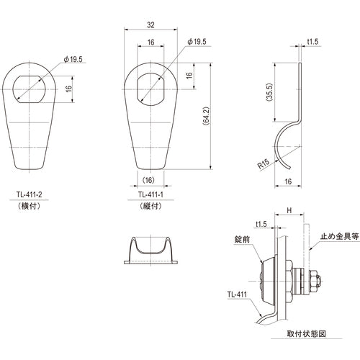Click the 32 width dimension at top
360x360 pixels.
coord(150,24)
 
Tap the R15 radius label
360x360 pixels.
coord(264,165)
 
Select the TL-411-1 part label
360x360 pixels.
coord(150,194)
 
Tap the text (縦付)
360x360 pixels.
coord(150,205)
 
